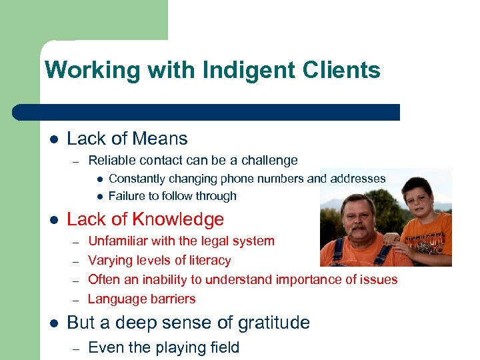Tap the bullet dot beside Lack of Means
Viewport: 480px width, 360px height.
(53, 139)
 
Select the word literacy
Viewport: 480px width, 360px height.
(208, 260)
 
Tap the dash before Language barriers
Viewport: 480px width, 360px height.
(77, 299)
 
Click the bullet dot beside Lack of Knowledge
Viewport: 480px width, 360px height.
(53, 220)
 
